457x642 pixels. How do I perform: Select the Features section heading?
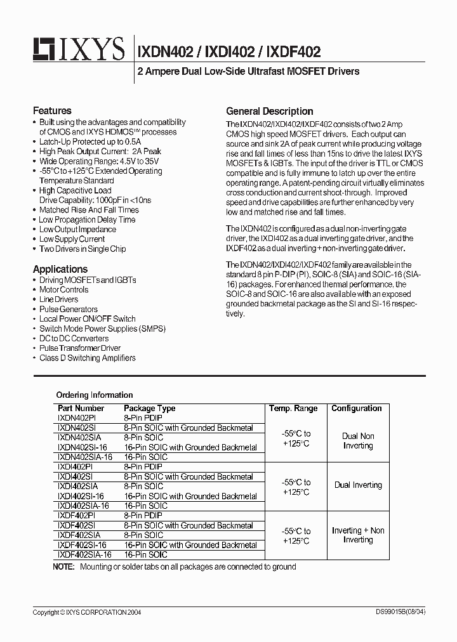coord(52,110)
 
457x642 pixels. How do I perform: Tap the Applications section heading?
coord(60,269)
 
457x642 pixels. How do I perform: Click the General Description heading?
coord(270,111)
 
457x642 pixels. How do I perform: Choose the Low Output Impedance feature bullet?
coord(77,230)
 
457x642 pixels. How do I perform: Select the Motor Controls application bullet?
coord(63,290)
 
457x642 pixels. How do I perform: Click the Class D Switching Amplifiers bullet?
coord(87,358)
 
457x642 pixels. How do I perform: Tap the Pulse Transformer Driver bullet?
coord(80,348)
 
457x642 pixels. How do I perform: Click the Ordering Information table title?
coord(95,395)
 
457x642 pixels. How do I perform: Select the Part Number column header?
coord(81,409)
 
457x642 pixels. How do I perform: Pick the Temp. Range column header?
coord(293,409)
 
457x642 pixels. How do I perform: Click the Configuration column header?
coord(357,409)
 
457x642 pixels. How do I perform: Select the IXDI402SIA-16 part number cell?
coord(83,506)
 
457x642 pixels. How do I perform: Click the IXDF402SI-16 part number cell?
coord(81,545)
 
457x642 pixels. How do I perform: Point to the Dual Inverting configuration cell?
coord(358,485)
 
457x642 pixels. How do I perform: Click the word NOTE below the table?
coord(63,567)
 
